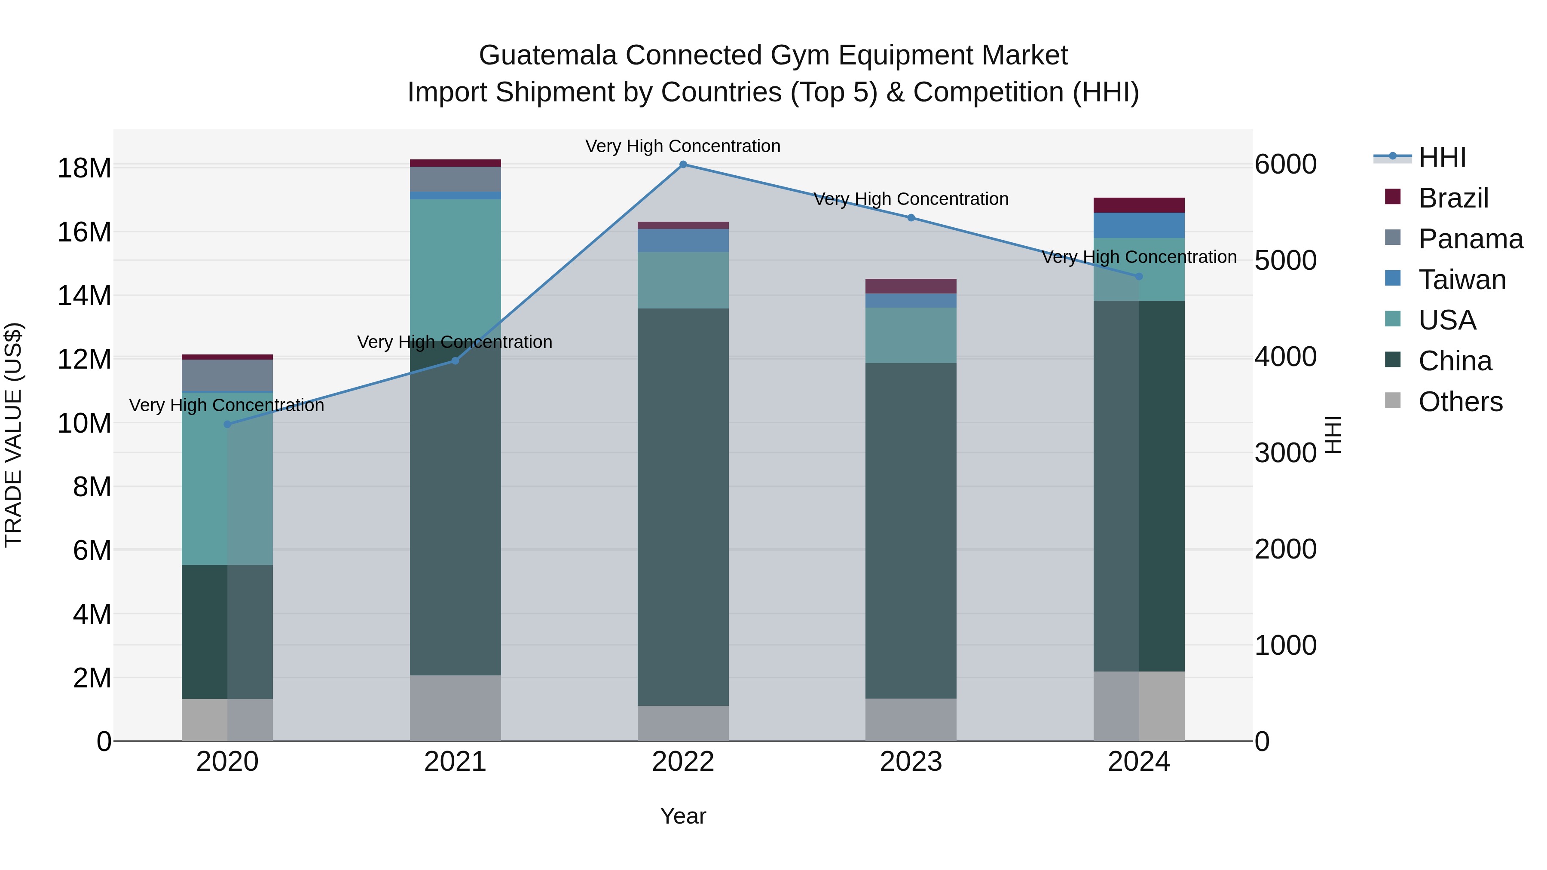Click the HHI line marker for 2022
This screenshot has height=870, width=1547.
(x=683, y=165)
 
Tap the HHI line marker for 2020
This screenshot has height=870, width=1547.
(x=227, y=424)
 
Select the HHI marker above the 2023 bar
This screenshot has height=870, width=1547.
(x=911, y=218)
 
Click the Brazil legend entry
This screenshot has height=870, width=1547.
(x=1453, y=198)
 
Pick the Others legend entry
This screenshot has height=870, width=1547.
(x=1460, y=402)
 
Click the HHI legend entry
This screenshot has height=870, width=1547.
(x=1441, y=157)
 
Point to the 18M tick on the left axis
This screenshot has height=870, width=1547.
(x=84, y=168)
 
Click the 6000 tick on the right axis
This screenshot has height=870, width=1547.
(x=1285, y=165)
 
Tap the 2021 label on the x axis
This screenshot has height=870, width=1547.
(x=455, y=762)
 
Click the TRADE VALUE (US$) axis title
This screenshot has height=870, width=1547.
(x=13, y=435)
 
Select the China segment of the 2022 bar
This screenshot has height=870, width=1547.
(x=683, y=507)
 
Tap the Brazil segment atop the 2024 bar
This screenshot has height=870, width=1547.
(x=1139, y=205)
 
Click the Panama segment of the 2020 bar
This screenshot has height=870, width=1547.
(x=227, y=375)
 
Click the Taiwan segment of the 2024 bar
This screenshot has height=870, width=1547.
(x=1139, y=225)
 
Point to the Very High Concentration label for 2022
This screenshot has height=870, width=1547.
(x=683, y=146)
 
